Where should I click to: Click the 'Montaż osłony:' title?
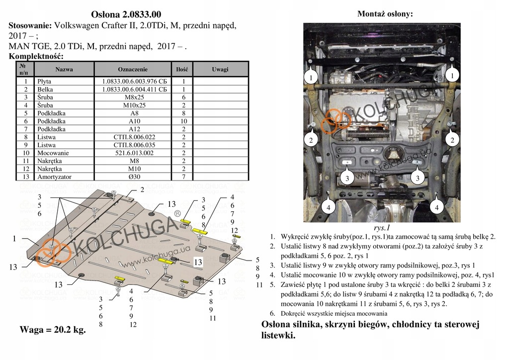tap(385, 14)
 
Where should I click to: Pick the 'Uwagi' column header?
tap(220, 69)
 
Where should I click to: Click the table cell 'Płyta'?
tap(44, 82)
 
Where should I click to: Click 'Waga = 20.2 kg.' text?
tap(52, 330)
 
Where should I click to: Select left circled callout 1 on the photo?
tap(311, 78)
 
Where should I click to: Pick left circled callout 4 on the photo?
tap(328, 207)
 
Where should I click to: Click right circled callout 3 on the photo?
tap(418, 178)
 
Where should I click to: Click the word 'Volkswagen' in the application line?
tap(78, 25)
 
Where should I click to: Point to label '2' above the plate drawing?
tap(142, 189)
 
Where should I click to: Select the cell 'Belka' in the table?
tap(45, 90)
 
